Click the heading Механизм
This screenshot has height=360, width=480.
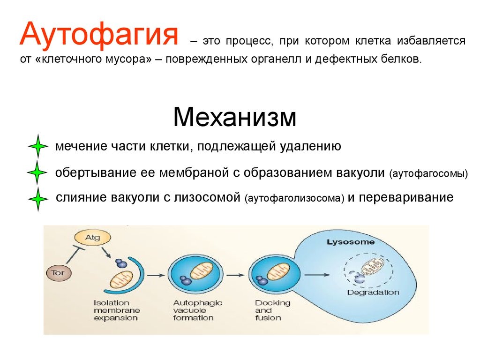tap(234, 117)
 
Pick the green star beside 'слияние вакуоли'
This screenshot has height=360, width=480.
tap(37, 200)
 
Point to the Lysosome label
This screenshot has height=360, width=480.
tap(350, 242)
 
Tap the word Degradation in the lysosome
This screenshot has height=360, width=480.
tap(373, 292)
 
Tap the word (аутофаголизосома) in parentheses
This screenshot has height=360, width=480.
tap(294, 198)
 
